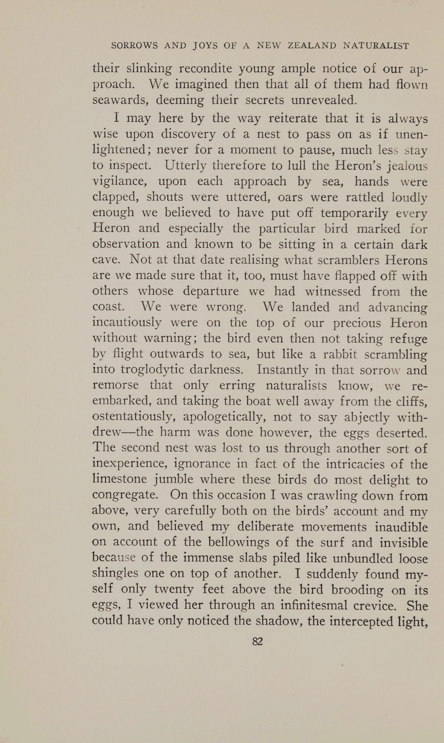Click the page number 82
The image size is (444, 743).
pyautogui.click(x=257, y=641)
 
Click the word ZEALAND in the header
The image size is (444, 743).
pyautogui.click(x=312, y=46)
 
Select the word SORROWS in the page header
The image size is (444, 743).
pyautogui.click(x=134, y=46)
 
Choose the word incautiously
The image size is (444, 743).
pyautogui.click(x=127, y=322)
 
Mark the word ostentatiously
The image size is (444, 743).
pyautogui.click(x=134, y=417)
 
